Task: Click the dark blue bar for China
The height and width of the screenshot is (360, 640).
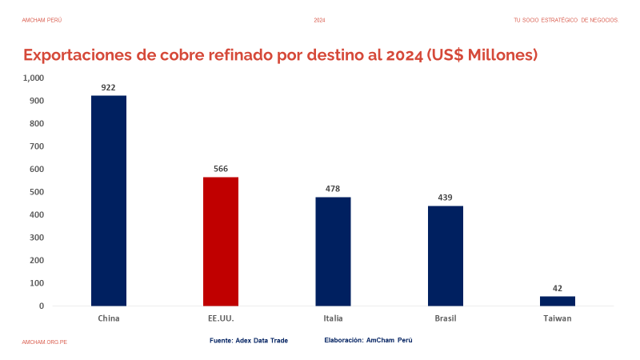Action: point(109,200)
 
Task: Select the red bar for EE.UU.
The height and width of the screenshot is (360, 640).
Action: point(221,241)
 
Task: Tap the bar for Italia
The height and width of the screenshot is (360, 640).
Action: point(333,251)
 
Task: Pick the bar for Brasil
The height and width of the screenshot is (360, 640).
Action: point(445,256)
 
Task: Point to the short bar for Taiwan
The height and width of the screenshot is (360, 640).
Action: point(557,301)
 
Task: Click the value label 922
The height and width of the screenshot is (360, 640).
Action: point(109,86)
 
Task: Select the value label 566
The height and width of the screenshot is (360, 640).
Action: point(221,168)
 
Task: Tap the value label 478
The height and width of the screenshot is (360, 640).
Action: point(333,188)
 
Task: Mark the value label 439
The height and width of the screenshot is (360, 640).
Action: point(445,197)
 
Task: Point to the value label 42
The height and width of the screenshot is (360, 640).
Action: point(557,288)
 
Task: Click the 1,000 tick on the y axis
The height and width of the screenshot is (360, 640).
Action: point(34,78)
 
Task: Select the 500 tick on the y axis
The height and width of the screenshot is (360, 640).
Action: point(38,192)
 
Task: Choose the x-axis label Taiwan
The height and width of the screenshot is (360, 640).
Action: point(557,318)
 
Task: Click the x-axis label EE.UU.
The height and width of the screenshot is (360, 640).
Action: point(221,318)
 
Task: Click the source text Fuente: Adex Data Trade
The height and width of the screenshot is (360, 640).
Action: point(248,340)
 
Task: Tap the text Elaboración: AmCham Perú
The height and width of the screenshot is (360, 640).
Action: point(368,340)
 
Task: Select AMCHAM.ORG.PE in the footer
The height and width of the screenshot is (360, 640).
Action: point(45,342)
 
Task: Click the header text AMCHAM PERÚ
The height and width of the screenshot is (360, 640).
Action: point(42,20)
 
